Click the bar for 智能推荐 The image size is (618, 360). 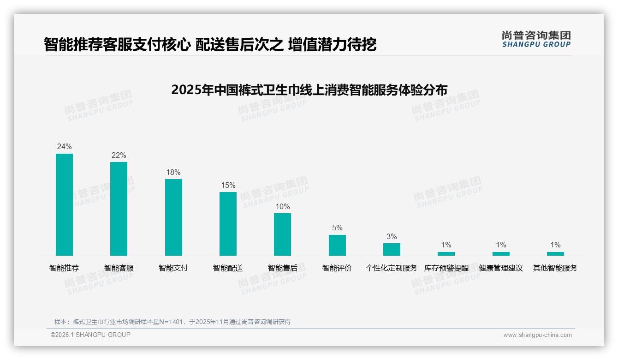(64, 204)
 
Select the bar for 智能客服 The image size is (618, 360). (119, 209)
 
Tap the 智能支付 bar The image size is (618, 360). (173, 217)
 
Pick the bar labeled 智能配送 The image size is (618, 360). (228, 223)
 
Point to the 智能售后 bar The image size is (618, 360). (282, 234)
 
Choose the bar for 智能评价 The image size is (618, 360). (337, 245)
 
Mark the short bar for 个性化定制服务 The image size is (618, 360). (392, 249)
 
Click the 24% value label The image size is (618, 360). (64, 147)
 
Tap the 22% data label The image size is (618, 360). (119, 156)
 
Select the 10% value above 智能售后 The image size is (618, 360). (282, 207)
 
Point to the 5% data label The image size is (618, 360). (337, 228)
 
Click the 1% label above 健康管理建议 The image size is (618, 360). (501, 245)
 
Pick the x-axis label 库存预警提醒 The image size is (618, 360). (446, 268)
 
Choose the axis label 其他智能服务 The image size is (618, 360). (555, 268)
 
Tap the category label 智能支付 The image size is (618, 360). (173, 268)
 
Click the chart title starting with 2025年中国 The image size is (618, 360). (309, 90)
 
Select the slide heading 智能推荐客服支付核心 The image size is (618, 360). (210, 44)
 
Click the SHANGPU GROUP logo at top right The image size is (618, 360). (536, 39)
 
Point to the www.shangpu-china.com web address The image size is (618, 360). (537, 335)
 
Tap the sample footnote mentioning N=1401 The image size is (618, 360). (172, 322)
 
